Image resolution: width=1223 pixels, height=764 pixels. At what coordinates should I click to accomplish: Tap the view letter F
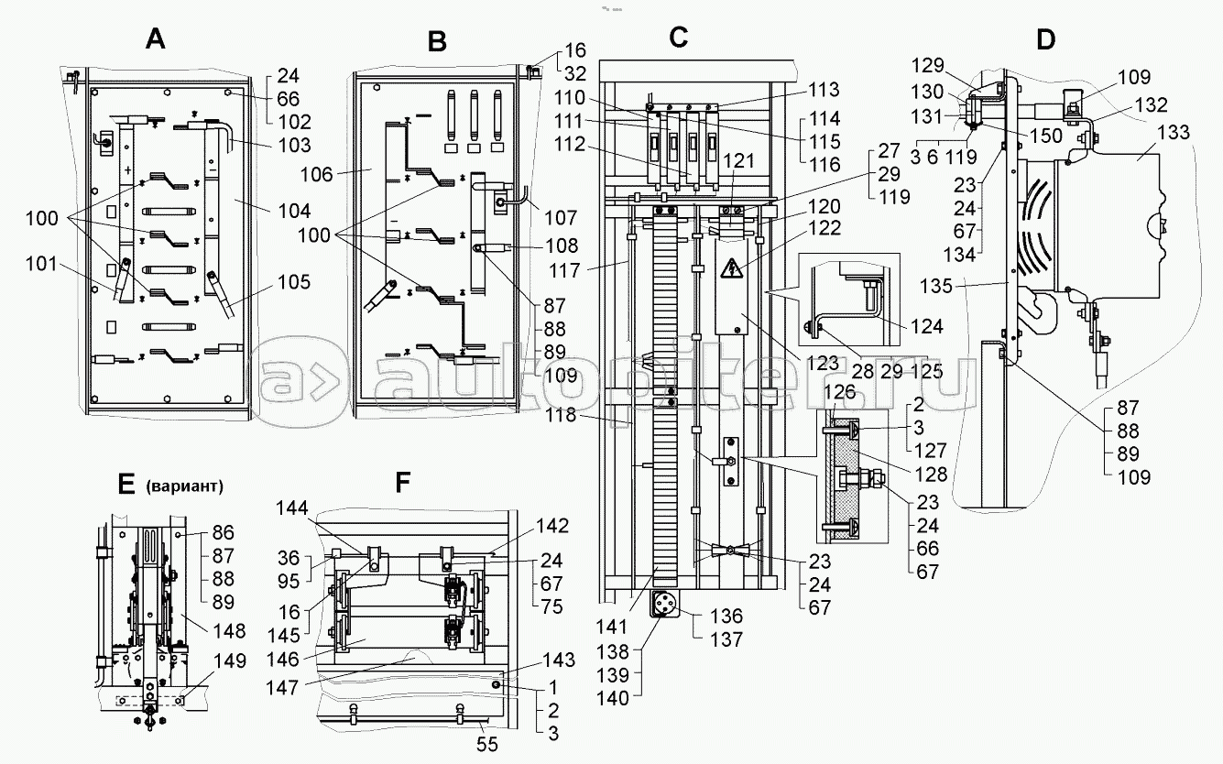point(401,481)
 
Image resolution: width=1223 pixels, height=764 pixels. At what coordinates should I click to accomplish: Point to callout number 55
point(486,744)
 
